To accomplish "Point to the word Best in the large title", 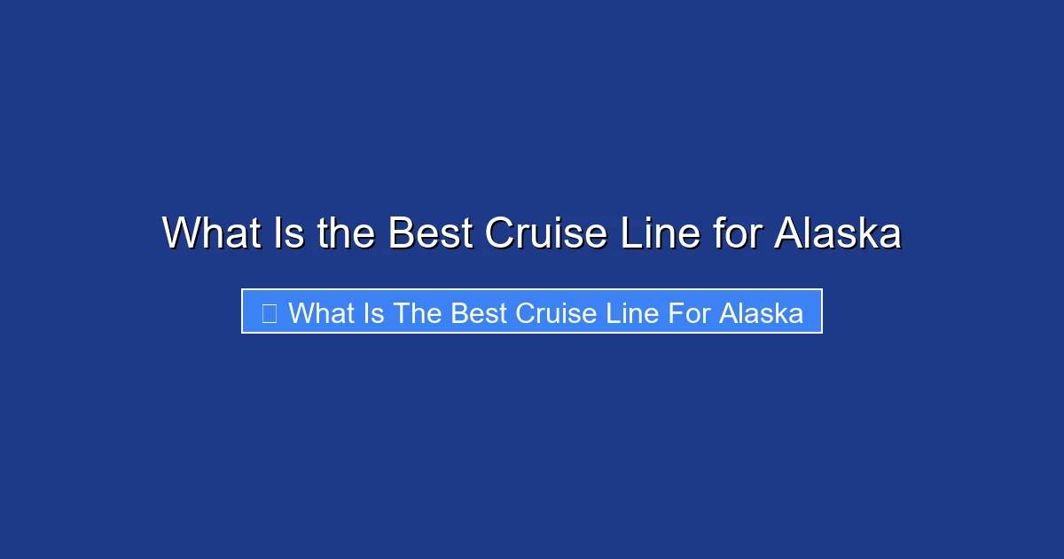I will (431, 233).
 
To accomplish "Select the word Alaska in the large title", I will (838, 233).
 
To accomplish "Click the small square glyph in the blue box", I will (270, 312).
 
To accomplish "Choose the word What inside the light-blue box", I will (322, 312).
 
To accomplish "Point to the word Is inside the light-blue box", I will (373, 312).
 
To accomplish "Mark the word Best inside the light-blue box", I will (479, 312).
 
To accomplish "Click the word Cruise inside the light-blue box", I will (554, 312).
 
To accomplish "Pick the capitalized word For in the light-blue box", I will (686, 312).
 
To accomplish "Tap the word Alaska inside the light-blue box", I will (761, 312).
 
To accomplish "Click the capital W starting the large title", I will (181, 233).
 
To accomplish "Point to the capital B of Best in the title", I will (400, 233).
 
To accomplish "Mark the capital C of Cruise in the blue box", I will (524, 312).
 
